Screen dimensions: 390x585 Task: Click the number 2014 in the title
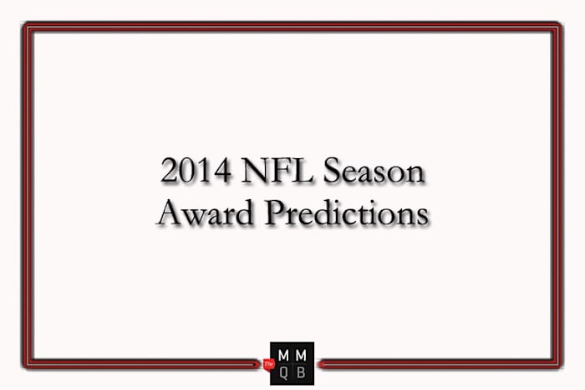coord(194,172)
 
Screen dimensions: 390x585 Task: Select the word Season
coord(375,172)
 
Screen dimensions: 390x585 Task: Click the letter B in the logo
coord(301,372)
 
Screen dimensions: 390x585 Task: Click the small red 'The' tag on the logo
coord(270,364)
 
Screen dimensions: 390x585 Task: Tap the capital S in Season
coord(332,172)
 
